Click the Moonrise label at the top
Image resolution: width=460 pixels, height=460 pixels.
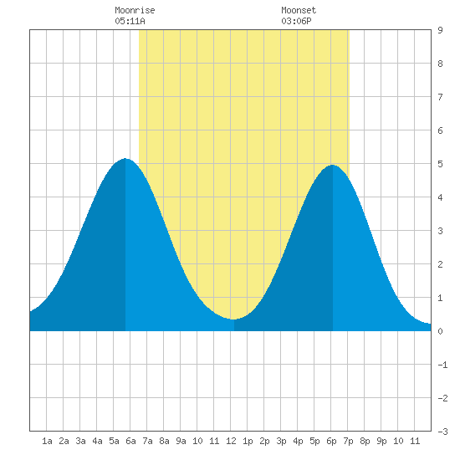tap(135, 10)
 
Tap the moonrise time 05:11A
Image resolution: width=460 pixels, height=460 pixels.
tap(130, 21)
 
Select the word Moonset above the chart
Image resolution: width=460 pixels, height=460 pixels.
tap(299, 10)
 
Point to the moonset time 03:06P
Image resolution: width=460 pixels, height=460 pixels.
tap(296, 21)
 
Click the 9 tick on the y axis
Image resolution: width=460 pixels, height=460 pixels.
tap(440, 30)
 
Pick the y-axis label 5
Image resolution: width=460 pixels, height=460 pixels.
tap(440, 164)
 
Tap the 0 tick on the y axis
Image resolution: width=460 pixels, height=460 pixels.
tap(440, 331)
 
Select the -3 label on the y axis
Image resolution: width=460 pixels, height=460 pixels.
tap(442, 432)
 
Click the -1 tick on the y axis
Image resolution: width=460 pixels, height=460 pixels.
tap(442, 365)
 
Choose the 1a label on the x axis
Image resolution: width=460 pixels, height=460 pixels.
tap(47, 441)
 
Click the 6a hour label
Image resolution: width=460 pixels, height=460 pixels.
tap(130, 441)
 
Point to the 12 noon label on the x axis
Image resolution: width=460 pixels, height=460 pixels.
tap(231, 441)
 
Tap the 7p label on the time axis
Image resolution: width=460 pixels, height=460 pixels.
tap(348, 441)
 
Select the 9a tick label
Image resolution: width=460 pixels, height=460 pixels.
tap(181, 441)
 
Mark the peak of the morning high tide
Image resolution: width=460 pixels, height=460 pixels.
tap(125, 158)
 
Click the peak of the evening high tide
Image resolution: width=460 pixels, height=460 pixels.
tap(332, 165)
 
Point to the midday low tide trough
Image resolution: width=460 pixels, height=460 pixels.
tap(233, 319)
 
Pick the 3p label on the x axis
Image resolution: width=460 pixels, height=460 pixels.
tap(281, 441)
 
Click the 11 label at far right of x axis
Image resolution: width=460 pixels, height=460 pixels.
tap(415, 441)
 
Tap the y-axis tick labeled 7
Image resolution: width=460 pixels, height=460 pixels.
tap(440, 97)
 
